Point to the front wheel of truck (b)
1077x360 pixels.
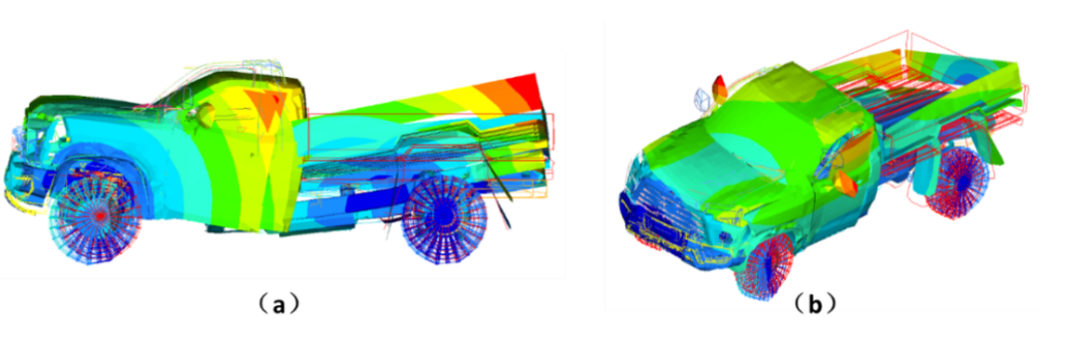(x=767, y=268)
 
